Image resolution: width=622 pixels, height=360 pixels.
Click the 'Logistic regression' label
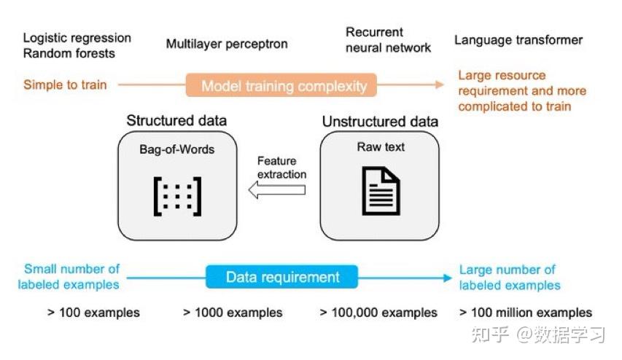click(77, 38)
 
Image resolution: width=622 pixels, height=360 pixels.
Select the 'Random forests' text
click(69, 53)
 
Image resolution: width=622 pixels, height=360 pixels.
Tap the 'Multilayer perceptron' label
click(227, 44)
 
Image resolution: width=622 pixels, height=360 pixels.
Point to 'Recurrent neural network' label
click(388, 40)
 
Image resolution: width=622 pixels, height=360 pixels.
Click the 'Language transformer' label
click(518, 40)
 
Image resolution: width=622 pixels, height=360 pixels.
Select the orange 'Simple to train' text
click(65, 85)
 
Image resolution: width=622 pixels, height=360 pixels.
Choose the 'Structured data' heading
click(176, 120)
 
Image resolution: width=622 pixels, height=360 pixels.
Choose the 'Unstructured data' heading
click(380, 122)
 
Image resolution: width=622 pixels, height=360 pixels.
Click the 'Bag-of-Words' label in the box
click(176, 149)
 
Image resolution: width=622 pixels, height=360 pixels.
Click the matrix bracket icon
click(176, 195)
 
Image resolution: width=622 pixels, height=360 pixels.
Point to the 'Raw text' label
click(381, 147)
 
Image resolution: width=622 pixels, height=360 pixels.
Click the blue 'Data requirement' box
click(282, 277)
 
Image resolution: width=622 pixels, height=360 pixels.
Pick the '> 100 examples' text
click(93, 313)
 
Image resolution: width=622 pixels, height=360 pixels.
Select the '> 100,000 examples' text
click(378, 313)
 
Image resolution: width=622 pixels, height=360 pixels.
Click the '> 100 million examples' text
click(525, 313)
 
